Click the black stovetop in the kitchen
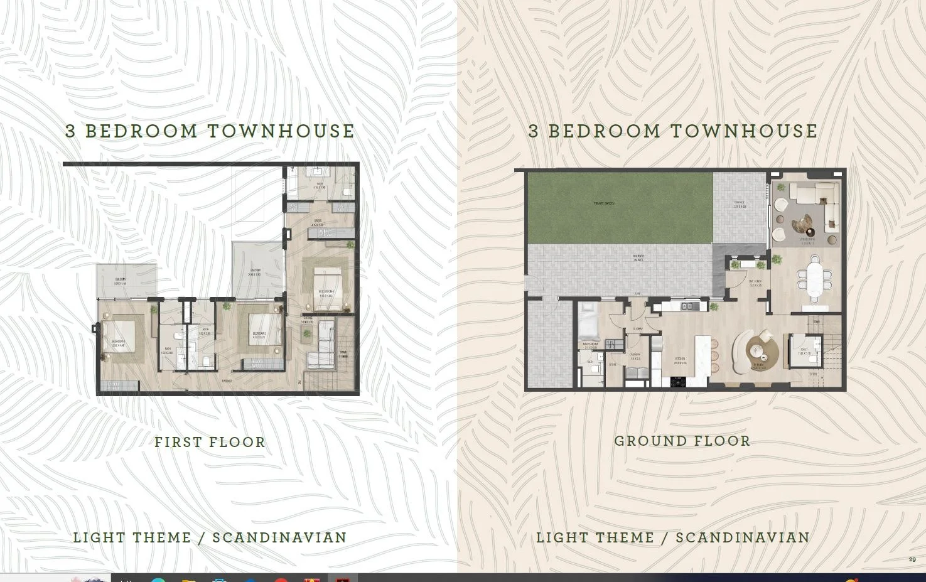(677, 380)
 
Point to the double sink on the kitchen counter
(687, 306)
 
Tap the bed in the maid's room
(590, 320)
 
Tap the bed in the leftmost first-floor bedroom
(121, 338)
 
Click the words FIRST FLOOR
(210, 442)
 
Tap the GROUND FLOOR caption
(682, 441)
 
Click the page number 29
(912, 559)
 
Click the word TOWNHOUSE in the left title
(281, 131)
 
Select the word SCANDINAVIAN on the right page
(743, 537)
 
